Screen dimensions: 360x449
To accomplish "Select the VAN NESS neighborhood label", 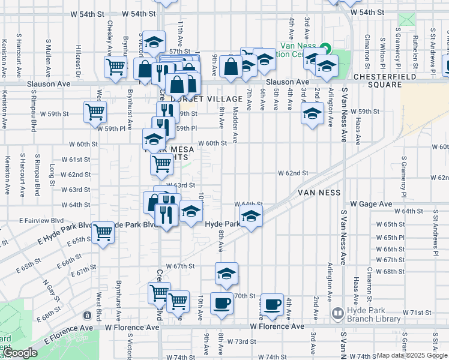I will click(319, 193).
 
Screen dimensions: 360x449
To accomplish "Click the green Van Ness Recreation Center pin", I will click(325, 47).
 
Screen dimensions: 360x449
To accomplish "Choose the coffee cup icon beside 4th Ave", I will click(273, 305).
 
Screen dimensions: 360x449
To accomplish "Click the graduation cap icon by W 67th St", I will click(226, 274).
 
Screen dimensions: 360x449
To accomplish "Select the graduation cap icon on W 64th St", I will click(250, 216).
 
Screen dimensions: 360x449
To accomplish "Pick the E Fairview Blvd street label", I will click(25, 220).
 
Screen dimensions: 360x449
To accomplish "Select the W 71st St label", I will click(417, 313).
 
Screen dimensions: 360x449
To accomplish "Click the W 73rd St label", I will click(241, 341).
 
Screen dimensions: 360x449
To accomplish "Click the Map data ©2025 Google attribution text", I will click(411, 355).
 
